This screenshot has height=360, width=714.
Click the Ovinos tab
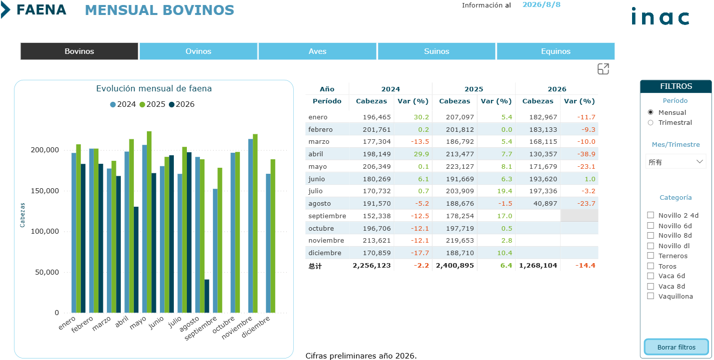198,51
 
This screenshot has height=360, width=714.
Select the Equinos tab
556,51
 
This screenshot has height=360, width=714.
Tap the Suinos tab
436,51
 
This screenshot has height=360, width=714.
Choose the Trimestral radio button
651,123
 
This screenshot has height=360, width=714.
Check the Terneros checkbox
651,256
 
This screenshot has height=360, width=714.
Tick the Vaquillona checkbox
651,296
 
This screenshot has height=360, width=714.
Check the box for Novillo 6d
651,226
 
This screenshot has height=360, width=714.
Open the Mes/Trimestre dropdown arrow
700,161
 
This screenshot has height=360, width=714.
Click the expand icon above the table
603,69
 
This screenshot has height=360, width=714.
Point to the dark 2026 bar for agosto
207,296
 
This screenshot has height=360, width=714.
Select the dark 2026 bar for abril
136,260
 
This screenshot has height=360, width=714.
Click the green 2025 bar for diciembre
273,236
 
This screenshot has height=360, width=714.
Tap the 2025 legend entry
152,104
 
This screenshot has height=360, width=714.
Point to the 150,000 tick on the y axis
44,191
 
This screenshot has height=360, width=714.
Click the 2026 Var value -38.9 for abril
586,154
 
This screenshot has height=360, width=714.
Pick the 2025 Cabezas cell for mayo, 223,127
460,166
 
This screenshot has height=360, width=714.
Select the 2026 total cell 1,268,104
538,265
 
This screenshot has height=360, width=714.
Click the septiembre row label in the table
327,216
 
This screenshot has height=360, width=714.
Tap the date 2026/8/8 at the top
541,5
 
